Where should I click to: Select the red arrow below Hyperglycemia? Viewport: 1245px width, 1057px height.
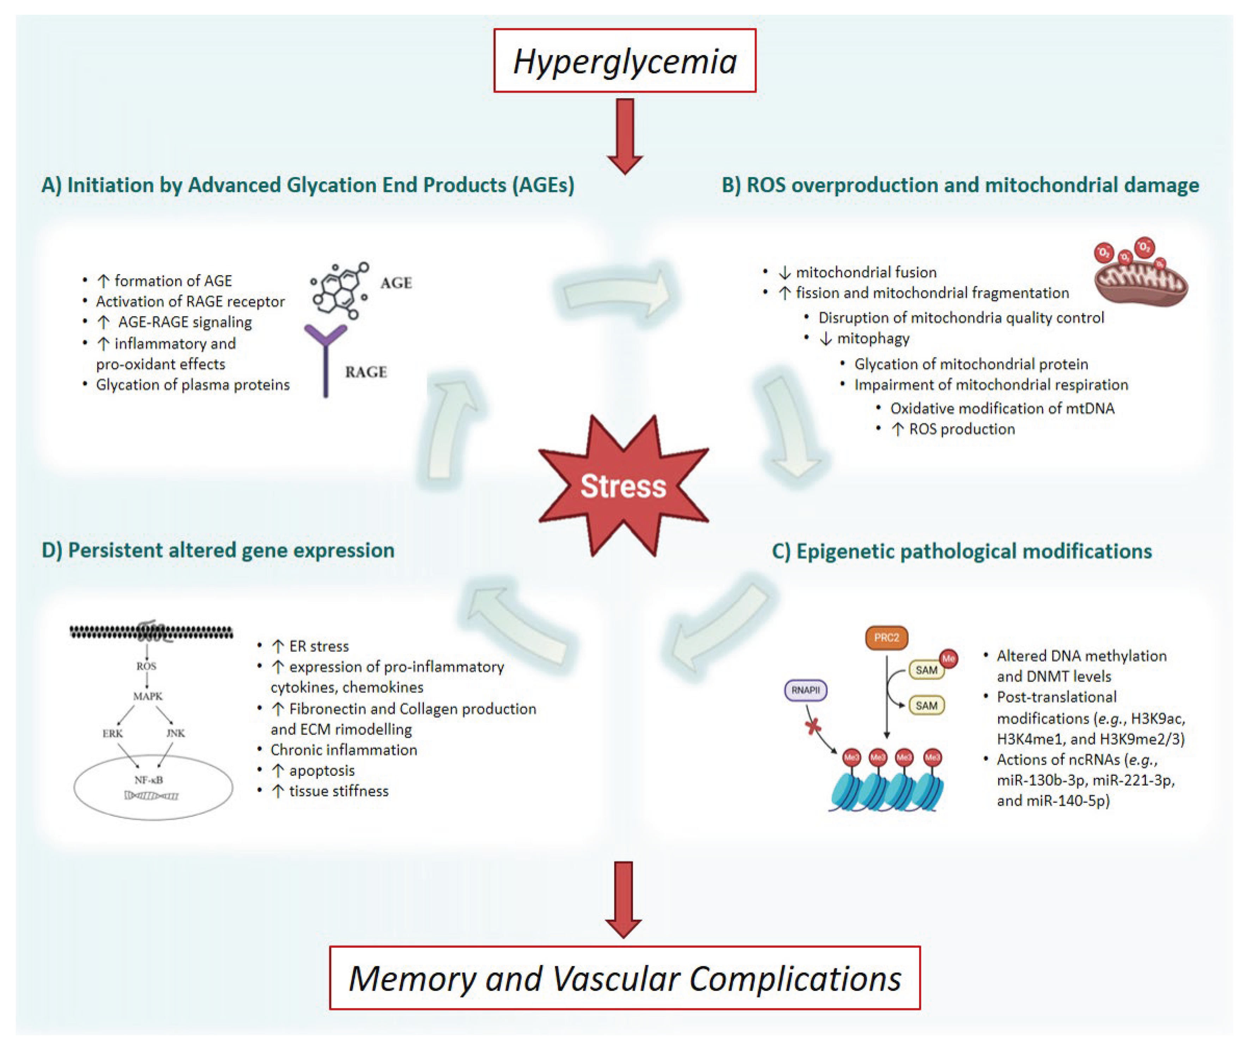tap(625, 135)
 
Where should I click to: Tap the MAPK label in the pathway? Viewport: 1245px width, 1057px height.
tap(147, 696)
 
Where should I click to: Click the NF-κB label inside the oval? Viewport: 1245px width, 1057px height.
tap(148, 780)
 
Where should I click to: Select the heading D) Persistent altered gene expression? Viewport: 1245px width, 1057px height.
tap(218, 550)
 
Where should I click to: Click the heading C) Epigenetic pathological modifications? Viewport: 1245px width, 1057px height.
tap(962, 551)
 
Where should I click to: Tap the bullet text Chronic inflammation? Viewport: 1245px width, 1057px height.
tap(343, 750)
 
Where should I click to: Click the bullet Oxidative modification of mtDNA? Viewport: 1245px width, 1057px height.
tap(1001, 408)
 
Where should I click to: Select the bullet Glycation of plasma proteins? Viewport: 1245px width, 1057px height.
tap(192, 385)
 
